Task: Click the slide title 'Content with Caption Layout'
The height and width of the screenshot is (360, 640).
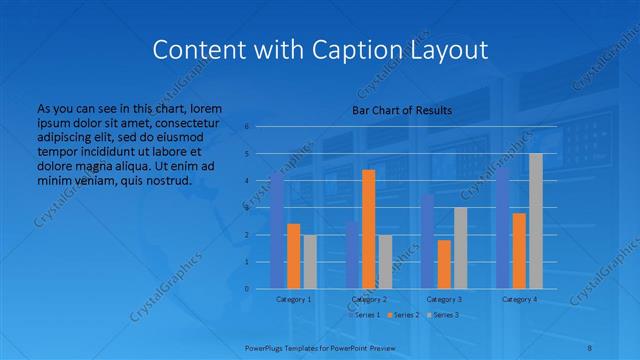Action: pos(320,49)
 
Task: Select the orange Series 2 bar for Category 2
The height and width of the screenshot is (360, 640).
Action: pos(369,229)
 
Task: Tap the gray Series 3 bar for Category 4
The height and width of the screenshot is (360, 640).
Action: pos(536,221)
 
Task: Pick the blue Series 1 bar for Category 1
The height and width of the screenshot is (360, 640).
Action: pos(277,230)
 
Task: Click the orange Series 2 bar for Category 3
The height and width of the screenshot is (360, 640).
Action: pos(444,264)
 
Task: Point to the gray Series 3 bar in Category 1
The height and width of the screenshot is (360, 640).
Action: pos(310,262)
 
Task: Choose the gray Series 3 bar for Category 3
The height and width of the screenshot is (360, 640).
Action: pos(460,248)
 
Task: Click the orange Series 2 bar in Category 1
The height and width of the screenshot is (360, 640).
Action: pos(293,256)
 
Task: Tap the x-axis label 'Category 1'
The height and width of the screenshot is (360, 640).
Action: pos(294,299)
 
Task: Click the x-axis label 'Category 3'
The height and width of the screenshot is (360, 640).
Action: pos(444,299)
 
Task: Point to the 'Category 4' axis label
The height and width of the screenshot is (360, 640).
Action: pos(519,299)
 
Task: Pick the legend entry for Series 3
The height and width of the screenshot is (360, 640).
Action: pos(445,314)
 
